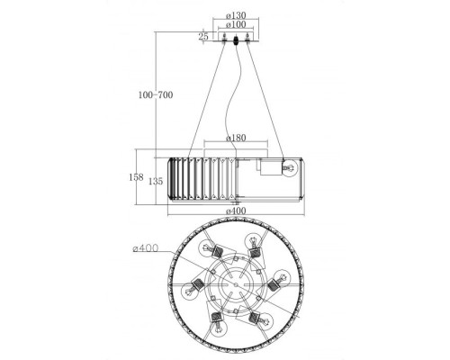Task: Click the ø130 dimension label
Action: tap(236, 15)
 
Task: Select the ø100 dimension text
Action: tap(236, 24)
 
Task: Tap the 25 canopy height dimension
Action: tap(203, 37)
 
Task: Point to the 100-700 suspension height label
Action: tap(156, 95)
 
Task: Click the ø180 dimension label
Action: tap(236, 138)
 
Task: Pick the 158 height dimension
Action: tap(136, 177)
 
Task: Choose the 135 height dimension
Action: tap(156, 181)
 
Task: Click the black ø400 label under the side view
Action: tap(236, 211)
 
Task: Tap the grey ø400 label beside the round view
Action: tap(145, 248)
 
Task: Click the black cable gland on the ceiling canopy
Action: tap(236, 40)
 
